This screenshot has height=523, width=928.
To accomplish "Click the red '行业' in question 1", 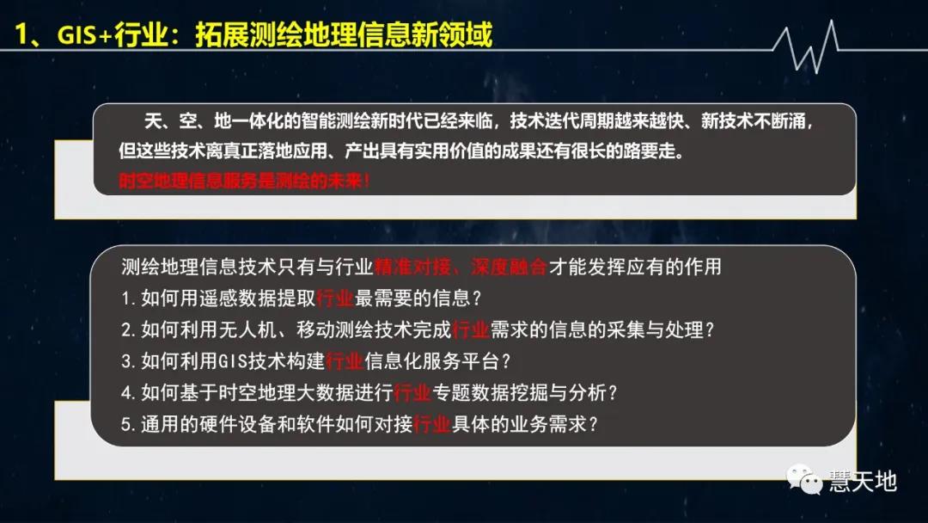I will coord(335,298).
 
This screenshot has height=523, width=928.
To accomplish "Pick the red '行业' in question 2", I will coord(470,329).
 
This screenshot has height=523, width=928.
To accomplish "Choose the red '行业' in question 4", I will coord(412,393).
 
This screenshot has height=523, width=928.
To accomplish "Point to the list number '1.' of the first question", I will coord(129,298).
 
